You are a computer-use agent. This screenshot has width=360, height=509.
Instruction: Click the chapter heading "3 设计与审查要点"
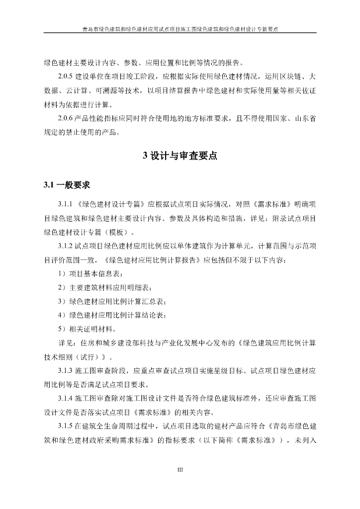click(x=180, y=156)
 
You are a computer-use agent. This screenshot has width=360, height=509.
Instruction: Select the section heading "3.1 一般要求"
click(x=66, y=185)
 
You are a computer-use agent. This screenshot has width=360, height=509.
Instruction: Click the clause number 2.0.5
click(x=66, y=77)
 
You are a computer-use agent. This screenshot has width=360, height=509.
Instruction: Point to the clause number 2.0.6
click(x=66, y=119)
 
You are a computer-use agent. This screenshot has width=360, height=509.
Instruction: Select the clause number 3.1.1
click(x=66, y=204)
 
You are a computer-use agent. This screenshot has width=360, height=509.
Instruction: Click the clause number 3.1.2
click(x=66, y=246)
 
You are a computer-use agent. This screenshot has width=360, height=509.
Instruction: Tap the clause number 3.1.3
click(x=66, y=371)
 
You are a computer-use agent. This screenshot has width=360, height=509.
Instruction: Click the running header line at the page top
click(x=180, y=29)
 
